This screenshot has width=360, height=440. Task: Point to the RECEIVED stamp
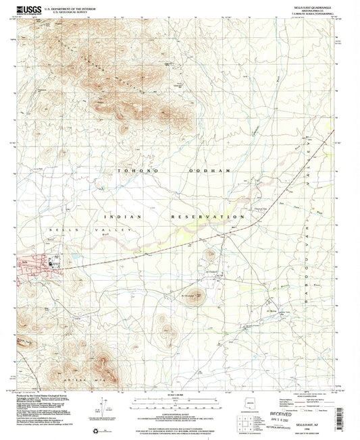point(302,408)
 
